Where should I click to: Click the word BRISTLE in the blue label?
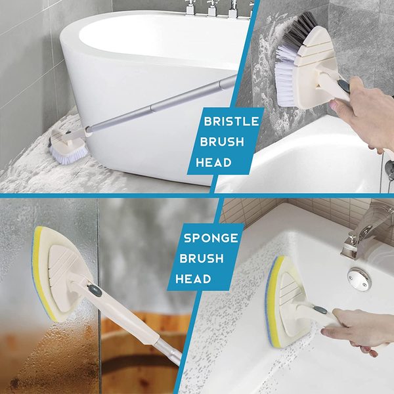click(x=231, y=121)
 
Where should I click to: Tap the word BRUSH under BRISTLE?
click(x=222, y=142)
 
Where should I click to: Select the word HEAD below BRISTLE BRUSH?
click(x=213, y=162)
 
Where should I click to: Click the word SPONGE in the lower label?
click(x=211, y=238)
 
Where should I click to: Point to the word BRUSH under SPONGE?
click(x=202, y=259)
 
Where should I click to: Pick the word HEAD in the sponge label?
click(x=193, y=279)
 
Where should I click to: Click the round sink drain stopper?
click(x=359, y=279)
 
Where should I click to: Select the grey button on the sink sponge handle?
click(x=320, y=310)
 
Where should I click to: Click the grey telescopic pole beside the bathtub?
click(x=161, y=104)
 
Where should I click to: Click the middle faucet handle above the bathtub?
click(x=211, y=8)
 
